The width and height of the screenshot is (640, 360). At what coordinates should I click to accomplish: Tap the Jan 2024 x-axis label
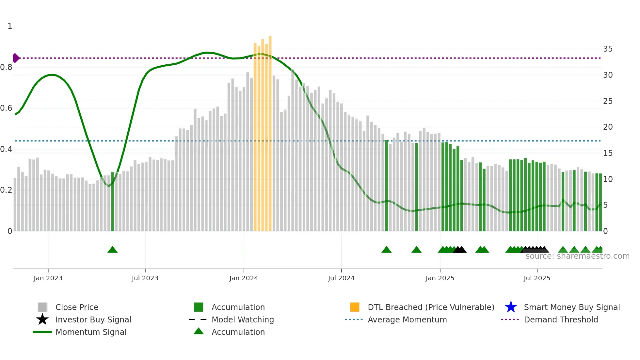(x=244, y=278)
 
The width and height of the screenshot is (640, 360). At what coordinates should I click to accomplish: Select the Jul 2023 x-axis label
(x=145, y=278)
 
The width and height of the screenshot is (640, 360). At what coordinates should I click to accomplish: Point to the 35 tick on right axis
(x=608, y=49)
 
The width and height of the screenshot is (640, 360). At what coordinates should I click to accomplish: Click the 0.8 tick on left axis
(x=6, y=67)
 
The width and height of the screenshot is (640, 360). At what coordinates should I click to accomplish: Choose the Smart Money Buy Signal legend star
(x=511, y=307)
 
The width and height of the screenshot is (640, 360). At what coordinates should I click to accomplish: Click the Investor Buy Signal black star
(x=42, y=319)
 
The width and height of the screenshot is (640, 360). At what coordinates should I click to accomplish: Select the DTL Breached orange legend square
(x=355, y=307)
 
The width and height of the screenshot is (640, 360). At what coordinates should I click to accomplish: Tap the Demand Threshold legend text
(x=561, y=319)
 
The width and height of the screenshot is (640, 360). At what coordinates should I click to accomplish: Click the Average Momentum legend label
(x=407, y=319)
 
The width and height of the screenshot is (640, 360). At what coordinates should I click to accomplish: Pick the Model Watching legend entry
(x=243, y=319)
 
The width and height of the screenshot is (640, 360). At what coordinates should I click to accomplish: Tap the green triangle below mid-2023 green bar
(x=112, y=250)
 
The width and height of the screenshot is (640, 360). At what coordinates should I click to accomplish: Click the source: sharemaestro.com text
(x=577, y=256)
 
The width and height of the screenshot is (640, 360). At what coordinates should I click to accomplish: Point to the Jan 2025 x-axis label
(x=440, y=278)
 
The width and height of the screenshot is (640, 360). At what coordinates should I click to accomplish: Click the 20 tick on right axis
(x=608, y=127)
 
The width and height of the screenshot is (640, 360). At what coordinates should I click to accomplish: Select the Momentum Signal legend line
(x=42, y=332)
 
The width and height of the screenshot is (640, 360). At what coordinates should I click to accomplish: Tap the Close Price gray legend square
(x=42, y=307)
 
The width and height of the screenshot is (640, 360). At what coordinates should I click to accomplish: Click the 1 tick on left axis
(x=10, y=26)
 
